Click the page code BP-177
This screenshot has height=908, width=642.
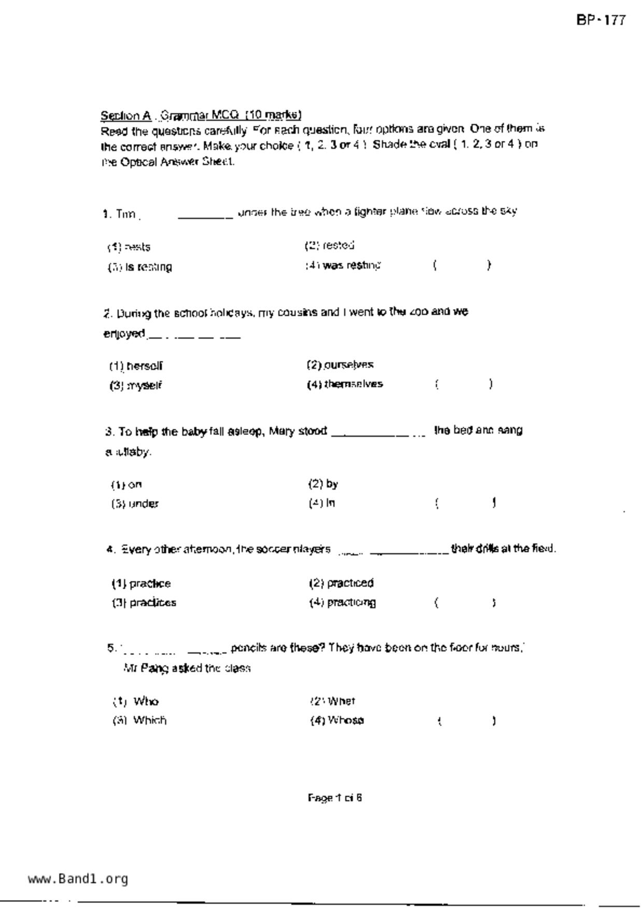601,21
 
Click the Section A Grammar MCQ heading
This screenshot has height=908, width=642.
201,114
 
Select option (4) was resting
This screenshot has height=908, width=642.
343,266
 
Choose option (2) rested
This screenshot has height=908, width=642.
330,245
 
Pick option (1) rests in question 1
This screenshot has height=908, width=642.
130,247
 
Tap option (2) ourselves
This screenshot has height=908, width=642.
340,365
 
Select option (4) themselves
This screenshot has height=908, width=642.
345,384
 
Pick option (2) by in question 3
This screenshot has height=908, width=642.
323,484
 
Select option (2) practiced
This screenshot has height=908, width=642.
341,583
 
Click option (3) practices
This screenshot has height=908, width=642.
144,603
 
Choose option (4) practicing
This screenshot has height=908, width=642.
343,603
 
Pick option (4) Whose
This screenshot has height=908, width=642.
337,720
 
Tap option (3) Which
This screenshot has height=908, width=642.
140,720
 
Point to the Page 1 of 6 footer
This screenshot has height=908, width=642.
335,798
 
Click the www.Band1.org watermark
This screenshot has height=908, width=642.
78,878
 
